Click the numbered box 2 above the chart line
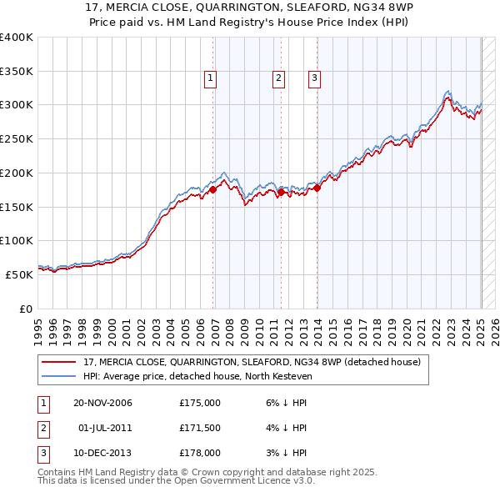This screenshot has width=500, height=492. point(277,79)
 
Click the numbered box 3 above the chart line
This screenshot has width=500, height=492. point(314,79)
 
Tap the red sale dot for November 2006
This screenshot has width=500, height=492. point(212,189)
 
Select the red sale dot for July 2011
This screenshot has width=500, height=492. point(281,192)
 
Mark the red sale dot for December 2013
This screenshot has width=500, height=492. point(317,188)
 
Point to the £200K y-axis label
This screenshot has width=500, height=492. point(17,173)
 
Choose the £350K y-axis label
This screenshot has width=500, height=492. point(17,72)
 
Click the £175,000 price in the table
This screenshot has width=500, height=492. point(200,403)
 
